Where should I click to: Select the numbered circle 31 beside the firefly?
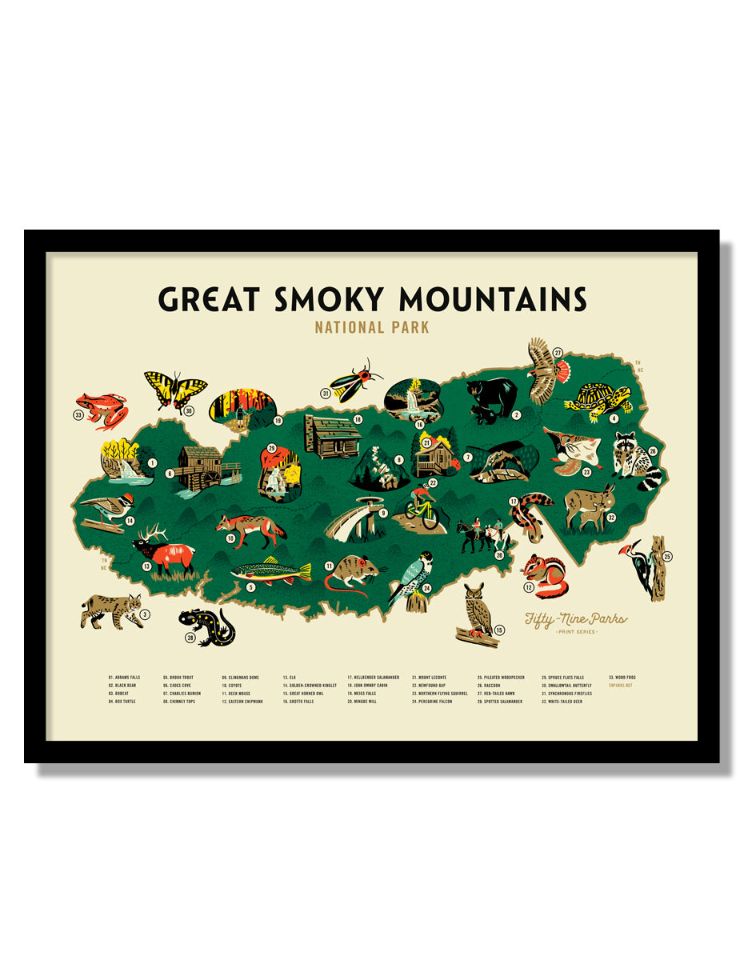pyautogui.click(x=326, y=393)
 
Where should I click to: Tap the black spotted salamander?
pyautogui.click(x=206, y=623)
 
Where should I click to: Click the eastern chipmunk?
pyautogui.click(x=547, y=574)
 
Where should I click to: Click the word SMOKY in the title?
pyautogui.click(x=329, y=298)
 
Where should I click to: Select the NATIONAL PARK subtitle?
pyautogui.click(x=372, y=327)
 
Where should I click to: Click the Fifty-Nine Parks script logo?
pyautogui.click(x=575, y=619)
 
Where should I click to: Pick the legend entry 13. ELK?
pyautogui.click(x=290, y=678)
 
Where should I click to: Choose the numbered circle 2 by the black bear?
pyautogui.click(x=517, y=414)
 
